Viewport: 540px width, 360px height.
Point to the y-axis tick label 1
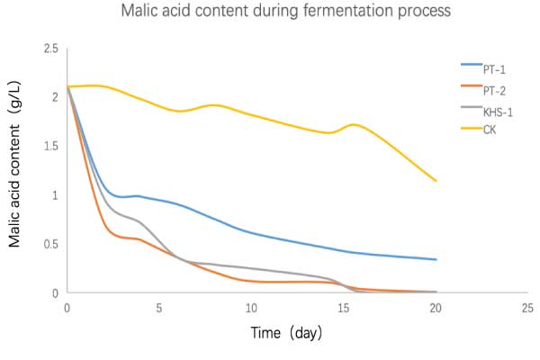pyautogui.click(x=56, y=195)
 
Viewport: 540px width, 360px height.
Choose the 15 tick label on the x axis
pyautogui.click(x=344, y=307)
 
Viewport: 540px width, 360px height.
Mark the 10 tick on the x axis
pyautogui.click(x=251, y=307)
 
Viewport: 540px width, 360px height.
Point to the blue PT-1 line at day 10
pyautogui.click(x=251, y=233)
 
